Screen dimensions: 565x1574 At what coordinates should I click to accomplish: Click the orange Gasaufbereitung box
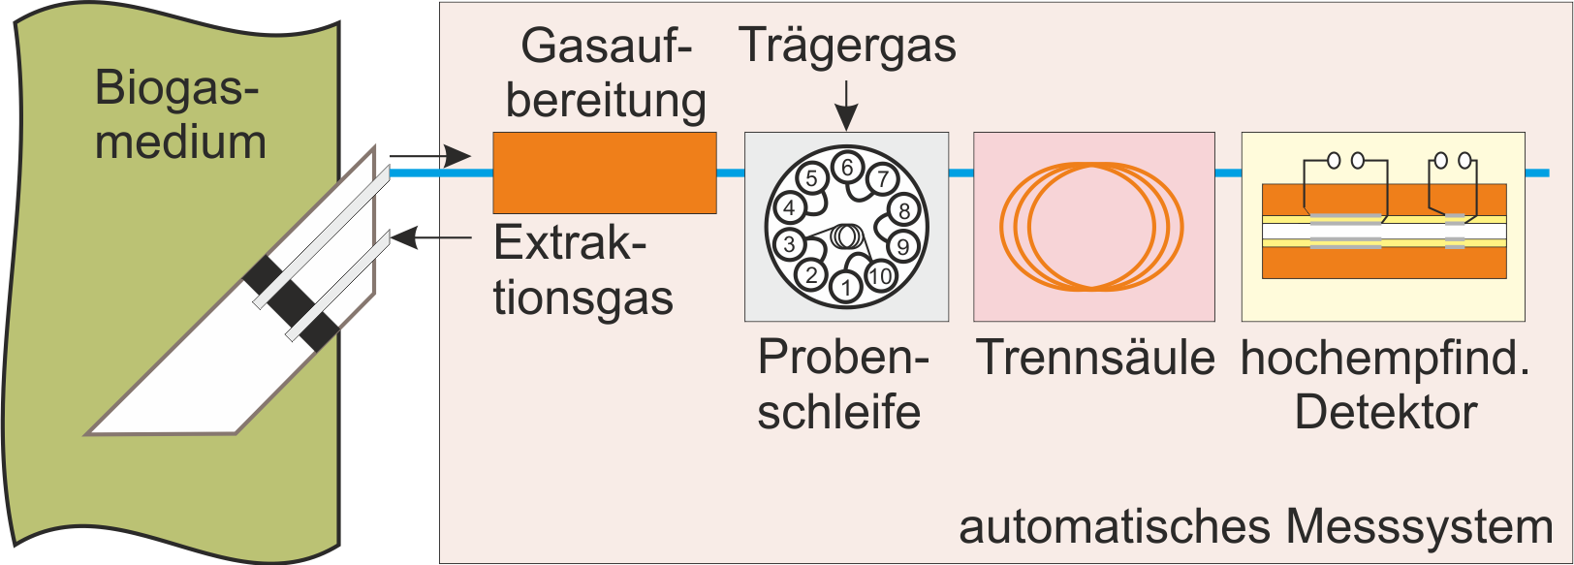pyautogui.click(x=604, y=173)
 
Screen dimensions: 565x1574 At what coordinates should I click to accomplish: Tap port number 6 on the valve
pyautogui.click(x=847, y=167)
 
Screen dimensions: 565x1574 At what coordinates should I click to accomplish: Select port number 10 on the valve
pyautogui.click(x=880, y=276)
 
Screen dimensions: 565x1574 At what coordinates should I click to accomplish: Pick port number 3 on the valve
pyautogui.click(x=790, y=244)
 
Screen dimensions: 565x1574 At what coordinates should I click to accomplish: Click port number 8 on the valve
pyautogui.click(x=903, y=210)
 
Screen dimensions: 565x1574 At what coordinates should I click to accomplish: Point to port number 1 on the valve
pyautogui.click(x=847, y=287)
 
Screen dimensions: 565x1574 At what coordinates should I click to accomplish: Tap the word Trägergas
pyautogui.click(x=847, y=46)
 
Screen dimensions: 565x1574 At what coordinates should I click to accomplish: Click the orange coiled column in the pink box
pyautogui.click(x=1092, y=227)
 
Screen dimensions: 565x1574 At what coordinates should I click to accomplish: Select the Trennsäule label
pyautogui.click(x=1094, y=358)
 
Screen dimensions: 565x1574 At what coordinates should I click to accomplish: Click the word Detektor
pyautogui.click(x=1385, y=412)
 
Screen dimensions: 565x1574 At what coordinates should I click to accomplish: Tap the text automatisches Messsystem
pyautogui.click(x=1255, y=527)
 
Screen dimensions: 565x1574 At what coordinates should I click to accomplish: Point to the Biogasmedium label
pyautogui.click(x=180, y=114)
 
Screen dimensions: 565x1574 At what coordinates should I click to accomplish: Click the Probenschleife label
pyautogui.click(x=841, y=384)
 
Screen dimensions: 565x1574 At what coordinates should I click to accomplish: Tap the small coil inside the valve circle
pyautogui.click(x=845, y=235)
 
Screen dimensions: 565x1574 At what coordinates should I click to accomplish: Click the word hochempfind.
pyautogui.click(x=1385, y=359)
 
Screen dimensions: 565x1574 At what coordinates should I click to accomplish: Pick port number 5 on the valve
pyautogui.click(x=812, y=178)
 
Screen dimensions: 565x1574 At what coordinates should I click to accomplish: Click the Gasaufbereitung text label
pyautogui.click(x=606, y=73)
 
